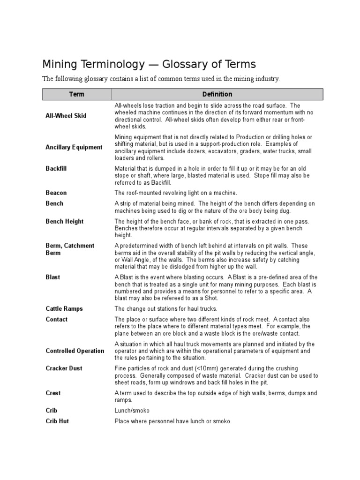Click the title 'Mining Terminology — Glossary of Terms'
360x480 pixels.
click(x=150, y=64)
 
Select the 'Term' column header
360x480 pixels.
click(x=76, y=94)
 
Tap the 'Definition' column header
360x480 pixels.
click(x=217, y=94)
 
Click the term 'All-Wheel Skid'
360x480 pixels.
click(x=66, y=116)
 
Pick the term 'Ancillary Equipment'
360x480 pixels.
click(x=74, y=147)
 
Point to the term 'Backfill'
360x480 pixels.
click(x=56, y=168)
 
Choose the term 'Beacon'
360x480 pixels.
click(x=56, y=193)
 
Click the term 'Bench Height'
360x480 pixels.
click(x=64, y=221)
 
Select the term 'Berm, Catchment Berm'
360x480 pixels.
click(x=70, y=249)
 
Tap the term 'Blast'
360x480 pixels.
click(x=53, y=277)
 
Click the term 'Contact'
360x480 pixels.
click(x=57, y=319)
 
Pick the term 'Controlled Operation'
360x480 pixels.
click(x=75, y=351)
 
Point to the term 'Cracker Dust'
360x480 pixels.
click(x=64, y=368)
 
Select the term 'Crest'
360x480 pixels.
click(x=53, y=393)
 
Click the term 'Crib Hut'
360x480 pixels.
click(x=57, y=421)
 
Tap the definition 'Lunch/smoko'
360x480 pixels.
click(x=132, y=411)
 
